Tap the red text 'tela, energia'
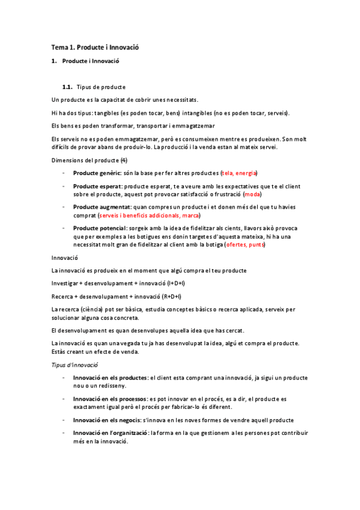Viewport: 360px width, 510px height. click(239, 173)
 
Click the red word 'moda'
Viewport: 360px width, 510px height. click(253, 194)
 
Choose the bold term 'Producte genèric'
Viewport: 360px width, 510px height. click(97, 173)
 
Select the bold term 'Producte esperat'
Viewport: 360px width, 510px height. click(97, 186)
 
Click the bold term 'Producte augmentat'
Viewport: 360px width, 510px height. click(102, 207)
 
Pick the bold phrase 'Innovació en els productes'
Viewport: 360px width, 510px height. click(110, 378)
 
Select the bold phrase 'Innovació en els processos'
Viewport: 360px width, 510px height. click(110, 399)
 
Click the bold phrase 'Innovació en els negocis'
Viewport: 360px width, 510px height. click(106, 420)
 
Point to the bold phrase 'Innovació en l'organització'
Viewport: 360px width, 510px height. click(111, 433)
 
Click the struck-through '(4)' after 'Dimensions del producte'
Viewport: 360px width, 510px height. click(123, 160)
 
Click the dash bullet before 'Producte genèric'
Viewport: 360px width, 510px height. click(64, 173)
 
